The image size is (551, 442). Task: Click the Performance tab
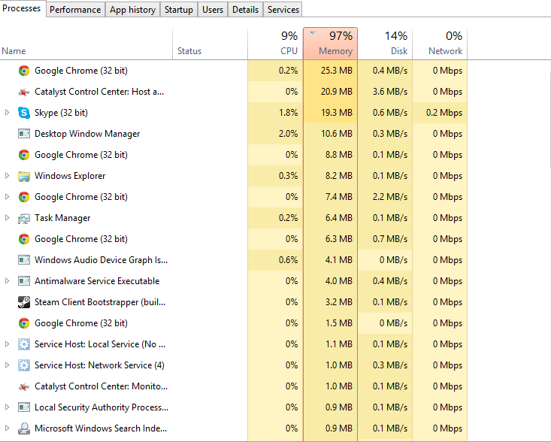point(75,10)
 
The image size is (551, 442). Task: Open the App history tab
point(132,10)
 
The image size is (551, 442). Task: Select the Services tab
point(283,10)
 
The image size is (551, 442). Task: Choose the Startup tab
point(178,10)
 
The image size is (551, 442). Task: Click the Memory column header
point(331,44)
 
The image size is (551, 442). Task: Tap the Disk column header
point(385,44)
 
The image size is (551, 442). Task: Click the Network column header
point(440,44)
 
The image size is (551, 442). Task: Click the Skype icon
point(24,113)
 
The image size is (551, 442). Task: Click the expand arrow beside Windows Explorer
point(7,176)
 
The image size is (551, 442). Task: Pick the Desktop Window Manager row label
point(87,134)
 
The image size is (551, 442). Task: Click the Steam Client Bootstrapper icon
point(24,302)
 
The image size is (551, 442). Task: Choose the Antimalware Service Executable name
point(97,281)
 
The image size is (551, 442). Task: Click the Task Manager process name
point(62,218)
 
